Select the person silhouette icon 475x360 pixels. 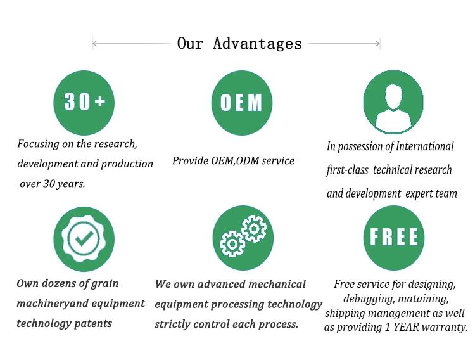coord(394,101)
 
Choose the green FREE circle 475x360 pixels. coord(394,236)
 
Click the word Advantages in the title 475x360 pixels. coord(258,44)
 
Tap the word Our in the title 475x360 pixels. coord(190,44)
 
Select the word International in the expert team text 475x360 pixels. coord(425,146)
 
